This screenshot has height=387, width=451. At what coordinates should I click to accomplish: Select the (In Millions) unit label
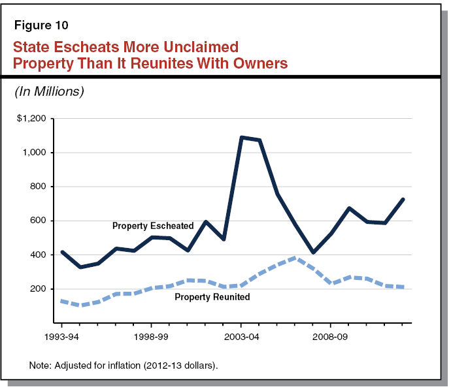click(49, 92)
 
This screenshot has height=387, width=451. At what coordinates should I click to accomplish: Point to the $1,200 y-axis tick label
click(32, 119)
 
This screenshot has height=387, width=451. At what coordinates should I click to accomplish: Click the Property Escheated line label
click(153, 226)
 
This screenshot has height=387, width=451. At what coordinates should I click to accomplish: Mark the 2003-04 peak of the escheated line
click(241, 137)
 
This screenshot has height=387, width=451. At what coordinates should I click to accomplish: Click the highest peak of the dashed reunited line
click(295, 258)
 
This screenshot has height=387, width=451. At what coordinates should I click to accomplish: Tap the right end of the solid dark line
click(403, 199)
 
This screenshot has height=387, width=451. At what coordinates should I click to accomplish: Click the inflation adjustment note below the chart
click(123, 365)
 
